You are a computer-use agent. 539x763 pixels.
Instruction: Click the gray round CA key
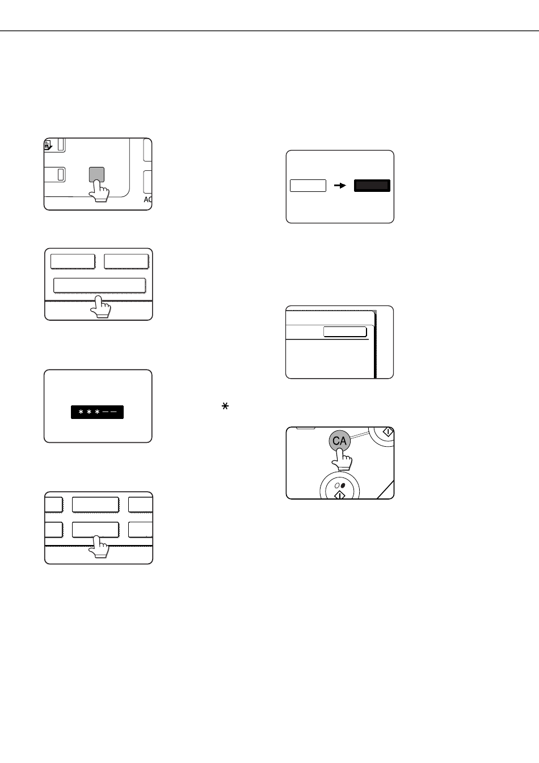coord(339,441)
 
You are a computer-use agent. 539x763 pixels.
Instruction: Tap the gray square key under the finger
coord(96,174)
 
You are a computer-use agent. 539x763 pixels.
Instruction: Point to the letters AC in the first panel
coord(148,200)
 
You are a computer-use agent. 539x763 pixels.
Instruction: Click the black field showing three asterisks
coord(97,412)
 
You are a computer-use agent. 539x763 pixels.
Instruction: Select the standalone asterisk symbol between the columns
coord(225,406)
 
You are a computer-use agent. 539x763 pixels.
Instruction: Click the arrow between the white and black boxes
coord(340,186)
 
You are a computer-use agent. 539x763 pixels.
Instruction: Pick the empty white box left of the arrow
coord(308,186)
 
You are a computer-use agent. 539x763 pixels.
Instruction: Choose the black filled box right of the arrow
coord(372,186)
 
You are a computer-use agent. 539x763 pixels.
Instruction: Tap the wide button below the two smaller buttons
coord(100,286)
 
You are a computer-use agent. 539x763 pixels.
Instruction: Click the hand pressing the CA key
coord(342,459)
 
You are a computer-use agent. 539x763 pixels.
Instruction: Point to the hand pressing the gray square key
coord(99,191)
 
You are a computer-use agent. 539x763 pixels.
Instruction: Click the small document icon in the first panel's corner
coord(48,145)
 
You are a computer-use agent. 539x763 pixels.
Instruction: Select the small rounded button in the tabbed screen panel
coord(345,332)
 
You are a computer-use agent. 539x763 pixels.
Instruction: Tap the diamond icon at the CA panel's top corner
coord(388,432)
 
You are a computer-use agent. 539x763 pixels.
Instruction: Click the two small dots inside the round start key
coord(340,485)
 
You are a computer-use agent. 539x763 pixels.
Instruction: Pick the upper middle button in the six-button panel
coord(95,505)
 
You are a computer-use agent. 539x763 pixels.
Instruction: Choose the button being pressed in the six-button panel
coord(95,530)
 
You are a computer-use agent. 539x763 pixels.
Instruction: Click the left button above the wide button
coord(73,261)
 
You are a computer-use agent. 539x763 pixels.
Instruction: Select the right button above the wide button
coord(127,261)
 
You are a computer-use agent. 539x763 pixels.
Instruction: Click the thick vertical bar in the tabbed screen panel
coord(375,345)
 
